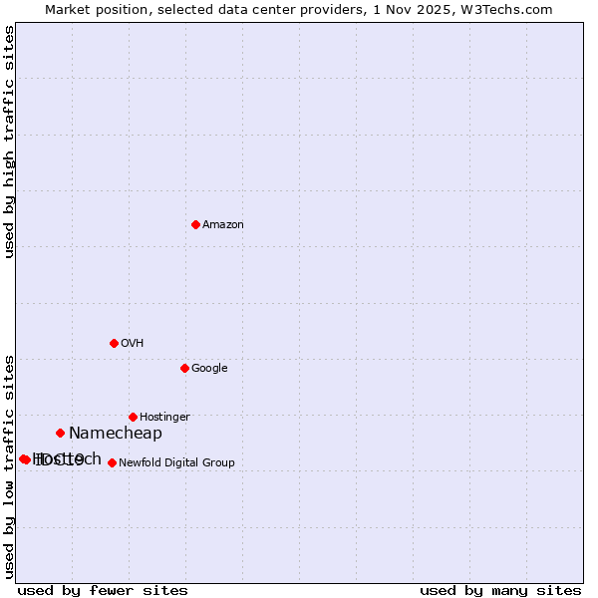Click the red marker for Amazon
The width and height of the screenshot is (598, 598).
[x=195, y=224]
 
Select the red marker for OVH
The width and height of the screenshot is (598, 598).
[x=114, y=343]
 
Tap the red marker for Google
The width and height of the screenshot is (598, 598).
[x=184, y=368]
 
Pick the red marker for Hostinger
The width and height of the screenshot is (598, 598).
[x=133, y=417]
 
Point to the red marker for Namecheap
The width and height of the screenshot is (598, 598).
[x=60, y=433]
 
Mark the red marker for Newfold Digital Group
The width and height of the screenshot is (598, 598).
[x=112, y=462]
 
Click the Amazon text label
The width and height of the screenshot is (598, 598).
[x=223, y=225]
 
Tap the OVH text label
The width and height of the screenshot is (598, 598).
[x=133, y=344]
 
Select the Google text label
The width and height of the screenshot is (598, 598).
[x=209, y=369]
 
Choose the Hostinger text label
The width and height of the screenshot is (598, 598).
[x=164, y=418]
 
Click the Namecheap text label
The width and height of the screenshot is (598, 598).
[x=116, y=434]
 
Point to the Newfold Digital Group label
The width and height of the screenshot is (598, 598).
[x=176, y=463]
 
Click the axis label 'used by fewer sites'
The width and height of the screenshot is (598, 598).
[x=103, y=591]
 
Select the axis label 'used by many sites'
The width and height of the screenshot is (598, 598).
[x=500, y=591]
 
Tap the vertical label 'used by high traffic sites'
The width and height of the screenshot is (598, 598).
[x=10, y=142]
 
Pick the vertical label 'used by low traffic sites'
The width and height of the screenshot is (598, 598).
[x=10, y=466]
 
